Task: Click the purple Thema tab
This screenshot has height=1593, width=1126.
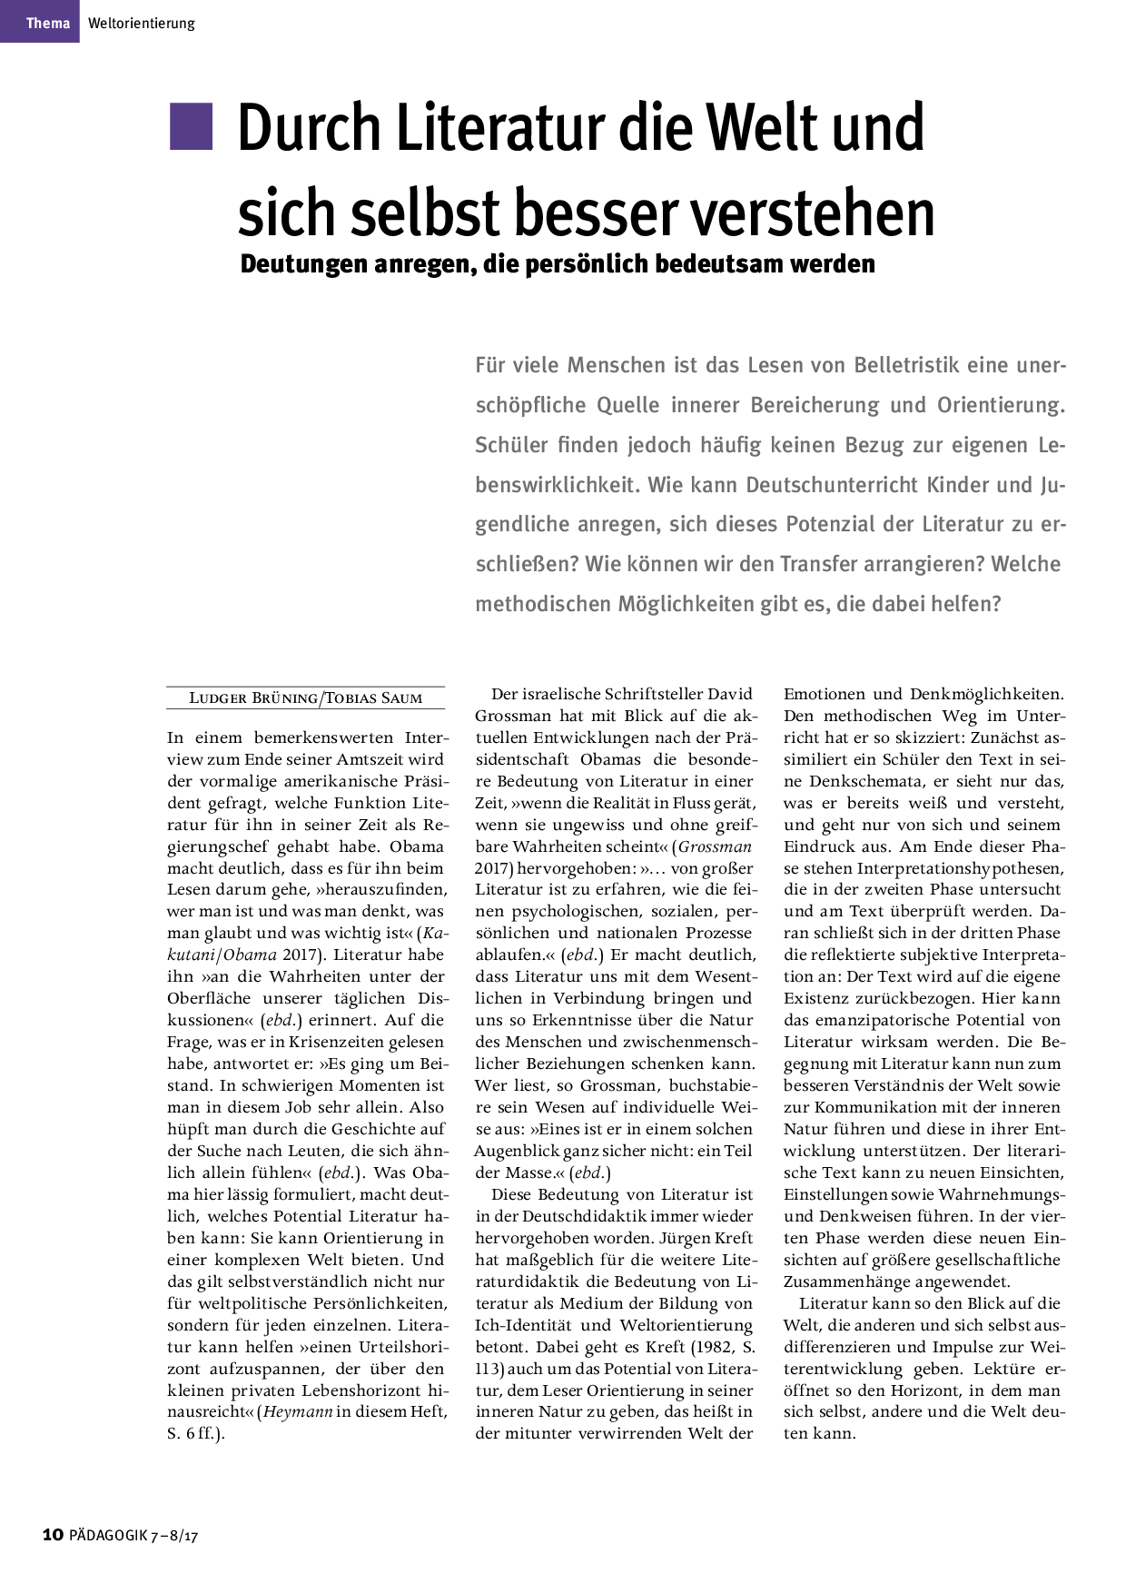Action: click(x=40, y=22)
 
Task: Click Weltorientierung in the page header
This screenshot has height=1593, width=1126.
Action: click(x=142, y=23)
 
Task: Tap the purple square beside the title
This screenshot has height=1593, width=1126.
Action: click(x=191, y=126)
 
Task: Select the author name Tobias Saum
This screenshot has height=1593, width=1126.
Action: click(x=374, y=698)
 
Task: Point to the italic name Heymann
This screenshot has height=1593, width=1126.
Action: click(x=298, y=1412)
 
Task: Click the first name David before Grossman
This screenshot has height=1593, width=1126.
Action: click(x=729, y=694)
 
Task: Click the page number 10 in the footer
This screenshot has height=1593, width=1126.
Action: click(x=53, y=1535)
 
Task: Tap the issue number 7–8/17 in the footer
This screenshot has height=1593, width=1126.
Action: click(x=174, y=1536)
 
